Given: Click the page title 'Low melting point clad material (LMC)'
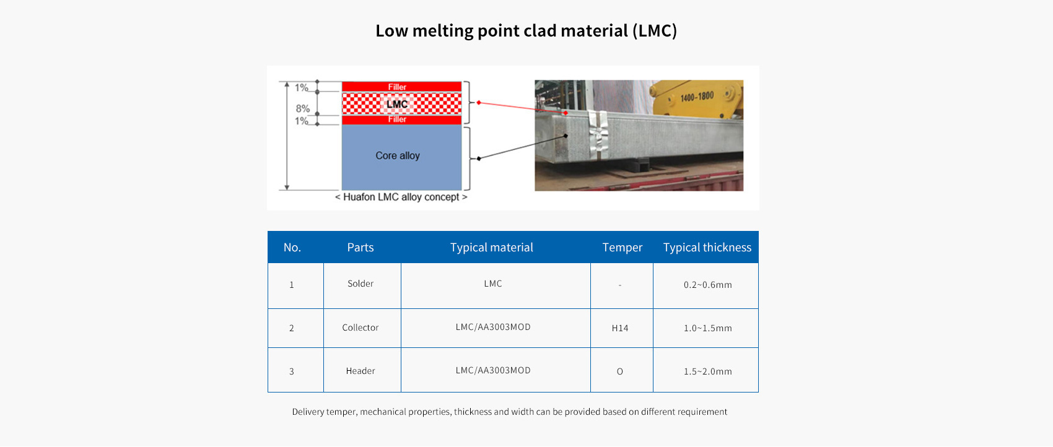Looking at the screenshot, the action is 526,30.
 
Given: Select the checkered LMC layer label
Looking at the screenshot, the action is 397,104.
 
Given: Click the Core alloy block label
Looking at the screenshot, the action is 397,155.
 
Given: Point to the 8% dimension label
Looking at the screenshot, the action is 302,108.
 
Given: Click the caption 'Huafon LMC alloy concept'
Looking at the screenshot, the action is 401,197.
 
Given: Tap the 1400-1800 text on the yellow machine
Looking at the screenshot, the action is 697,97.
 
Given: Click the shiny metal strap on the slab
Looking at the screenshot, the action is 598,134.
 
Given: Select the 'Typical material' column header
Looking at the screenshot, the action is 492,247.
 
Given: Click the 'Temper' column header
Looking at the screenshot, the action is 622,247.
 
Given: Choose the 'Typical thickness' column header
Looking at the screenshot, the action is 707,247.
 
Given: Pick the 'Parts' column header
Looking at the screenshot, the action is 360,247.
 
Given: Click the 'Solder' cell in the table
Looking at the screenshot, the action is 360,284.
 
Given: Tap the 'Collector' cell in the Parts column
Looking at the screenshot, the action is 360,328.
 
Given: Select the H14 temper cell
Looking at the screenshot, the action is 620,328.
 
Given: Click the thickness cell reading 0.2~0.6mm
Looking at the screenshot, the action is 707,285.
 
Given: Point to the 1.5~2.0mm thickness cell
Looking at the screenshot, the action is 707,371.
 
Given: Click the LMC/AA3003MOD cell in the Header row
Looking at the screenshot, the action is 492,370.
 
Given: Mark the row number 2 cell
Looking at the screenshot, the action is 292,328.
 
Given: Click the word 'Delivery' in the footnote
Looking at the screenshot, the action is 307,412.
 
